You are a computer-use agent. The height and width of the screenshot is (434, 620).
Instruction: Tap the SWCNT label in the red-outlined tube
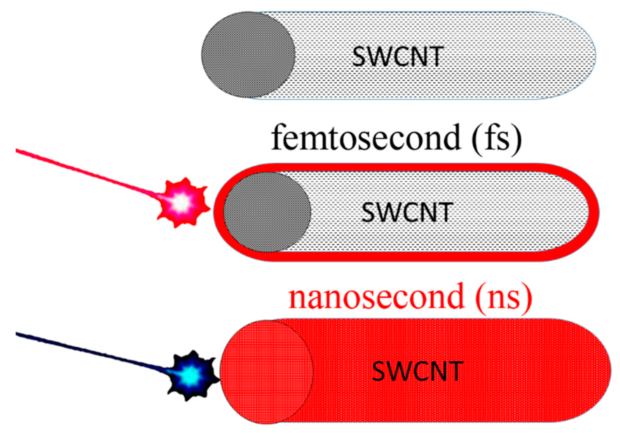(x=407, y=212)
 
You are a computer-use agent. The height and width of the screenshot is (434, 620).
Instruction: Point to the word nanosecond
(x=376, y=297)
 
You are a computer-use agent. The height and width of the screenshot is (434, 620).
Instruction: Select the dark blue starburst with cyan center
(x=192, y=376)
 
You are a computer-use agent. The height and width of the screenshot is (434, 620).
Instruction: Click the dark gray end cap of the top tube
(x=248, y=55)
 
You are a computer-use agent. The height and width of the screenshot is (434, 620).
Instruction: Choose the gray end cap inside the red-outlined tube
(x=267, y=212)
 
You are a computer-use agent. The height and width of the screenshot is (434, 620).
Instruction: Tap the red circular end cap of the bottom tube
(x=266, y=372)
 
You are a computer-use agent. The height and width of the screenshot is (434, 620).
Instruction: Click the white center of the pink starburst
(x=182, y=202)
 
